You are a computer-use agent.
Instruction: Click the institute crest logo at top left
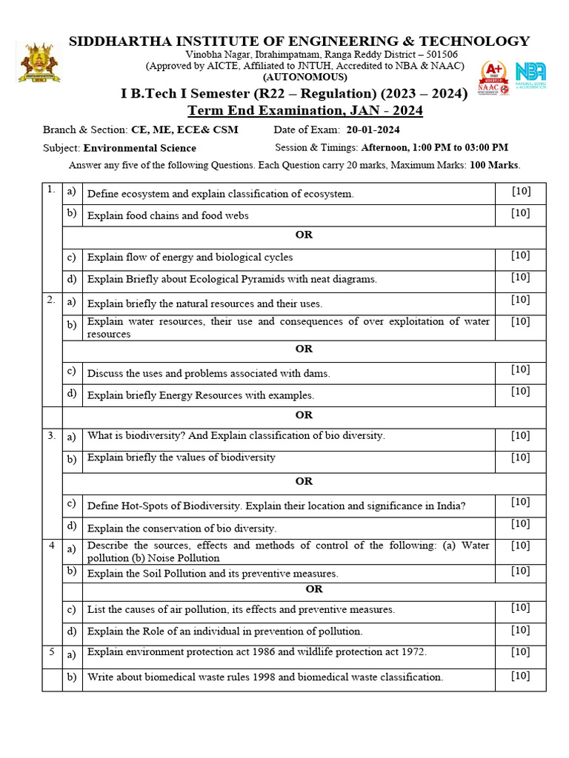[39, 63]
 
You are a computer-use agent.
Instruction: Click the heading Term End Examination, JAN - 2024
[305, 110]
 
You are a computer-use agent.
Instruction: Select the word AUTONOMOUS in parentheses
[305, 77]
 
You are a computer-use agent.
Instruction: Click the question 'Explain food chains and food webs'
[168, 215]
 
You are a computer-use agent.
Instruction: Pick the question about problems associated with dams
[208, 373]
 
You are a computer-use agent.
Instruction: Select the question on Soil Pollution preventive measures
[213, 573]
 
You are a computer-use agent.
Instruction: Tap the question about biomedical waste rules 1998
[264, 677]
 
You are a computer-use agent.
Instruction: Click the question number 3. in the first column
[52, 436]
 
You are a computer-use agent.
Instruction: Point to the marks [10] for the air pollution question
[520, 608]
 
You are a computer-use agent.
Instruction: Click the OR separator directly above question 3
[304, 415]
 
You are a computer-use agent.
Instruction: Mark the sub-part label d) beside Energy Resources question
[72, 393]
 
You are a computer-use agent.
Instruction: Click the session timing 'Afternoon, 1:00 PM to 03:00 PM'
[434, 147]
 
